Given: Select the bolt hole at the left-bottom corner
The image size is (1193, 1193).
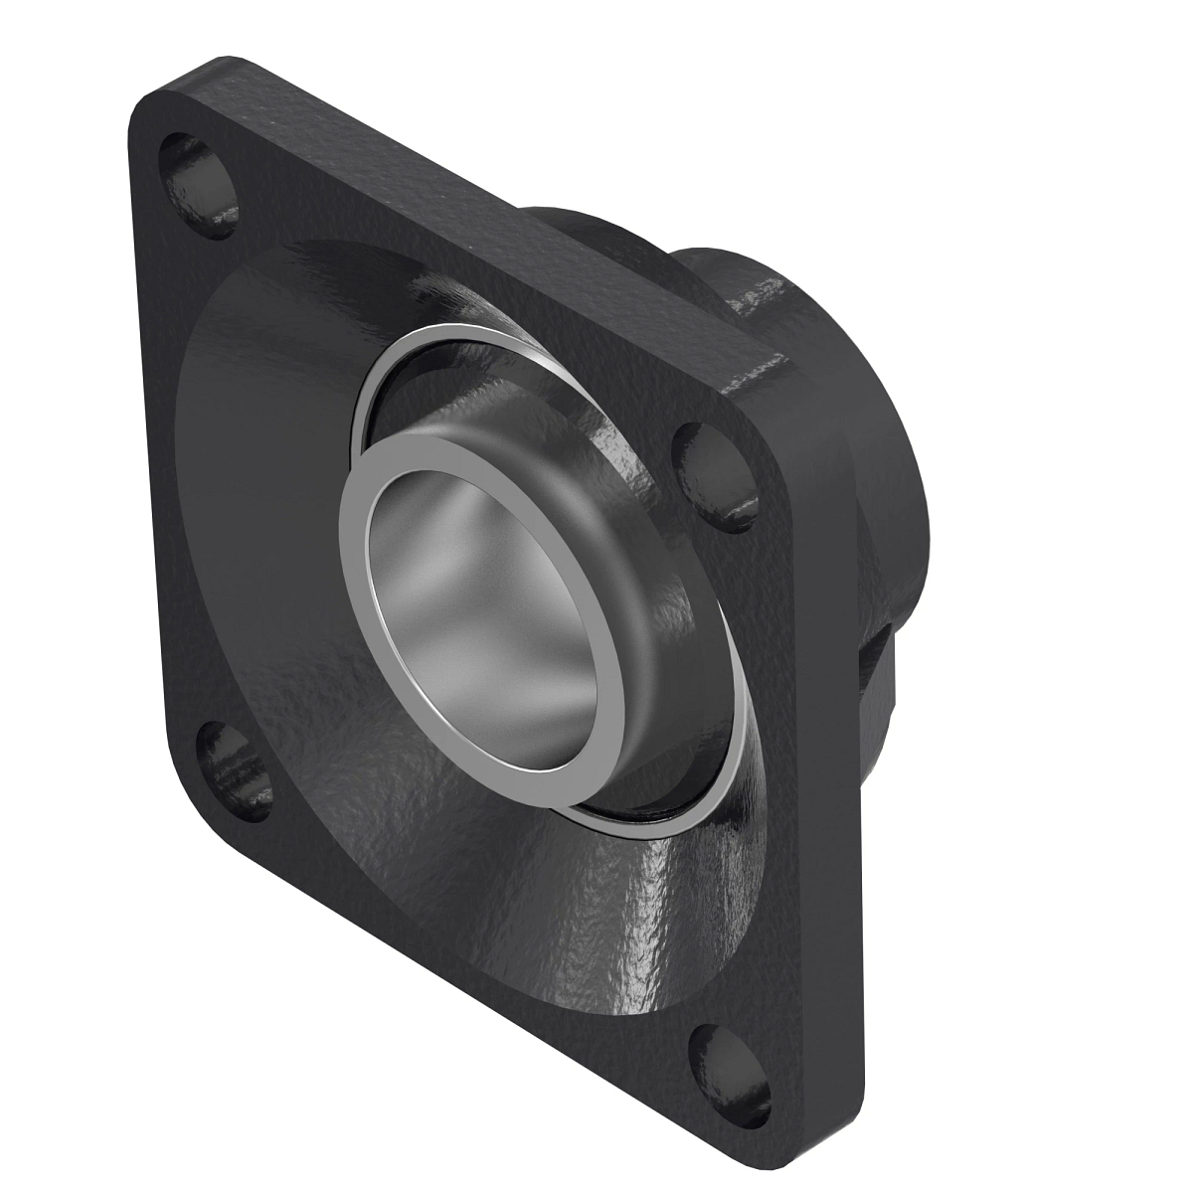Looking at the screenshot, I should tap(238, 767).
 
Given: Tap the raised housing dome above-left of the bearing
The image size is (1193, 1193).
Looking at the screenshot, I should tap(278, 378).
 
